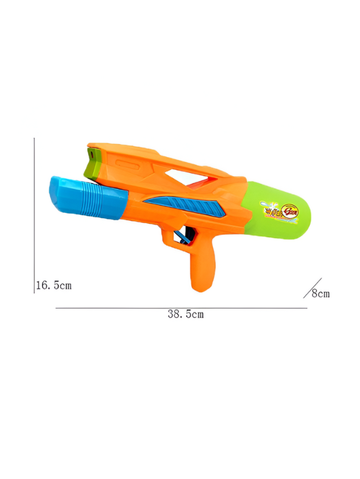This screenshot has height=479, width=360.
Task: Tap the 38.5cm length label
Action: (185, 314)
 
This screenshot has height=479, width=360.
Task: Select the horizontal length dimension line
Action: (182, 308)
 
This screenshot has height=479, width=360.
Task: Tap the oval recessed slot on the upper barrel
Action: (125, 164)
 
